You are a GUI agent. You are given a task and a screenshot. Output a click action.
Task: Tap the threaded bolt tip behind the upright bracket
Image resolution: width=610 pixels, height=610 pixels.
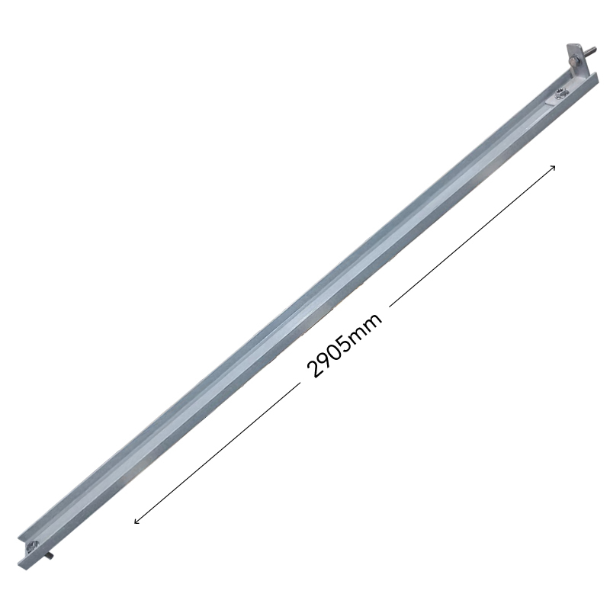[x=590, y=50]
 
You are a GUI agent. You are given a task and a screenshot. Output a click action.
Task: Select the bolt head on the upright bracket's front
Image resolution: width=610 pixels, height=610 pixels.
[x=575, y=61]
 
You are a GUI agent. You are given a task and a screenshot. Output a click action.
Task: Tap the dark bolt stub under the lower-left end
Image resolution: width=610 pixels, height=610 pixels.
[x=50, y=557]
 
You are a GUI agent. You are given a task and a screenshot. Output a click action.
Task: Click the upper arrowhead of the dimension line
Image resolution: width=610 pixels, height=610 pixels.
[x=553, y=168]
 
